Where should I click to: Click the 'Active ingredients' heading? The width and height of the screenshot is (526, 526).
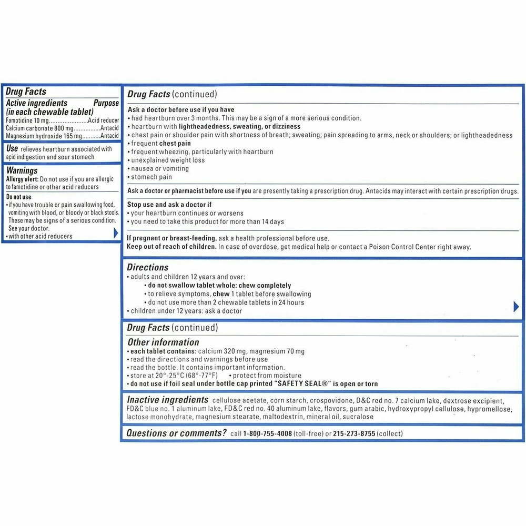pyautogui.click(x=36, y=103)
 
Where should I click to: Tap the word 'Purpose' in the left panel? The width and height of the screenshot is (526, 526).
pyautogui.click(x=106, y=103)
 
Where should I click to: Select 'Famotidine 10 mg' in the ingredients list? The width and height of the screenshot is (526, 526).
pyautogui.click(x=27, y=120)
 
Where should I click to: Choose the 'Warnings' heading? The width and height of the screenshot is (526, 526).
pyautogui.click(x=22, y=170)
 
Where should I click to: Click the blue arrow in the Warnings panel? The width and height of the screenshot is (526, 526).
pyautogui.click(x=116, y=233)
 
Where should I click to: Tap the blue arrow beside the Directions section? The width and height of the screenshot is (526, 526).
pyautogui.click(x=516, y=307)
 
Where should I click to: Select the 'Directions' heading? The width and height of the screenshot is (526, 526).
pyautogui.click(x=148, y=267)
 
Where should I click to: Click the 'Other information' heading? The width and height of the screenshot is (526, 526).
pyautogui.click(x=163, y=342)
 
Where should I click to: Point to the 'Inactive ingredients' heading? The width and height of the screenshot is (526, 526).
pyautogui.click(x=167, y=400)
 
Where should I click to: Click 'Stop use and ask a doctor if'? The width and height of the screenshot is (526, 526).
pyautogui.click(x=169, y=205)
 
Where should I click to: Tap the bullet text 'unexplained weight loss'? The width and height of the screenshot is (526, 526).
pyautogui.click(x=168, y=160)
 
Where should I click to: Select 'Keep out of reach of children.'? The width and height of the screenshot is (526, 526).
pyautogui.click(x=171, y=247)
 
